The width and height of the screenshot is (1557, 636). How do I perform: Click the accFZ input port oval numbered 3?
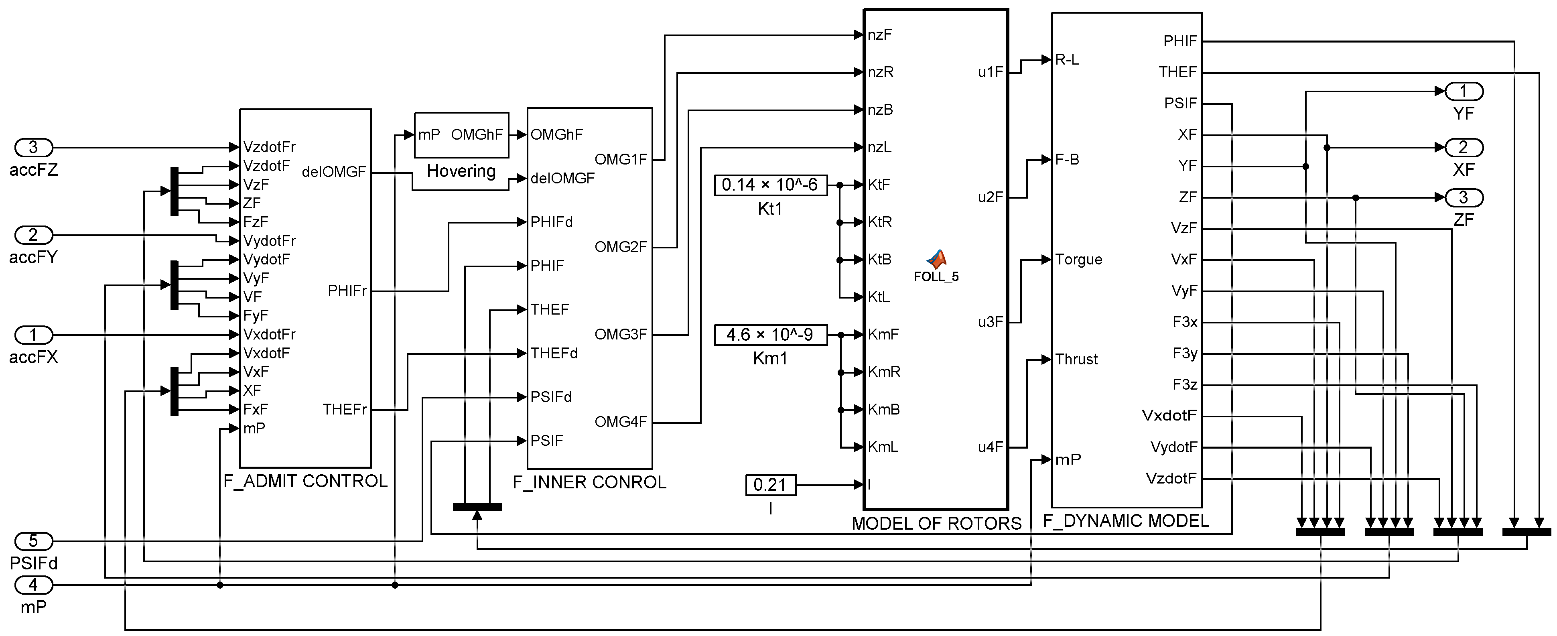[x=34, y=147]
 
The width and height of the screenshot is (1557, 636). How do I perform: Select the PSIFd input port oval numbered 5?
[x=34, y=540]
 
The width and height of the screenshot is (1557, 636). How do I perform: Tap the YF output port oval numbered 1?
[x=1463, y=91]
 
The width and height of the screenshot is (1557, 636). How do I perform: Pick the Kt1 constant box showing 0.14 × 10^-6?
[x=769, y=185]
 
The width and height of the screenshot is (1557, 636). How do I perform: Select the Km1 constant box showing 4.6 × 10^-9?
[x=770, y=334]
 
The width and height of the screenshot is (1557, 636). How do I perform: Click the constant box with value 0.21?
[x=770, y=484]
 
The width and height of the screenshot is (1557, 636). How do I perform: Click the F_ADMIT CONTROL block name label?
[x=305, y=481]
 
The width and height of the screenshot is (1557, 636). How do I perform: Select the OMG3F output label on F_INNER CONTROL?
[x=621, y=334]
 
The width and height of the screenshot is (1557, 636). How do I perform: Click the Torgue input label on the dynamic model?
[x=1079, y=259]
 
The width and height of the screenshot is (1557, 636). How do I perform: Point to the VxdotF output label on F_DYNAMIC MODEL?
[x=1169, y=415]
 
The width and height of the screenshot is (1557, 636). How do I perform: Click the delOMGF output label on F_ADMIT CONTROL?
[x=334, y=172]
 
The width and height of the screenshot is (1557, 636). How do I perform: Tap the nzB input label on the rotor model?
[x=880, y=110]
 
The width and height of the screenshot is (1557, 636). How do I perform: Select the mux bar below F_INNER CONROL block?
[x=477, y=507]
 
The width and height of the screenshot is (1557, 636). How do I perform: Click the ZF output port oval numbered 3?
[x=1463, y=197]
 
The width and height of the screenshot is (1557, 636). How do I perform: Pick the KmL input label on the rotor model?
[x=883, y=447]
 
